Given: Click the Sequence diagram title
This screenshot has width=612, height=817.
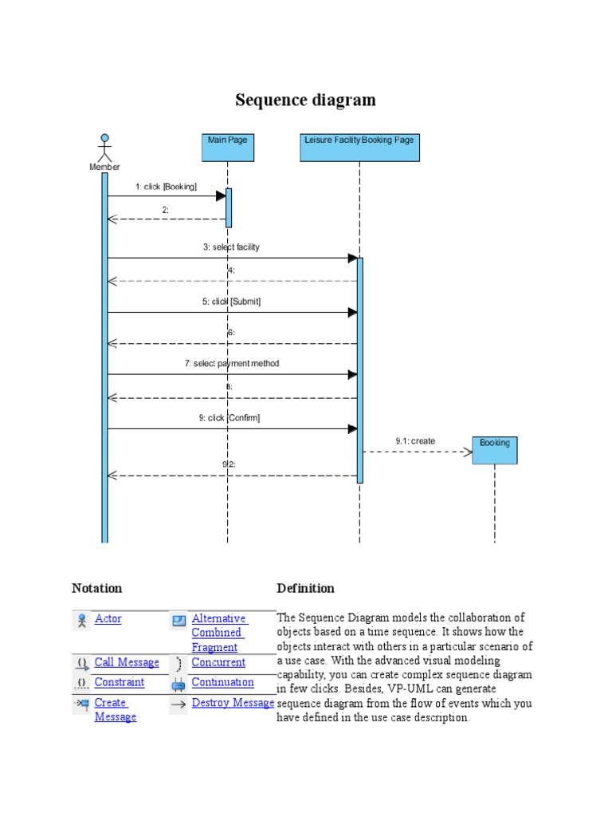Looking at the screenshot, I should [305, 101].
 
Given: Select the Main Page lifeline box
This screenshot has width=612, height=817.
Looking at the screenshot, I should [228, 148].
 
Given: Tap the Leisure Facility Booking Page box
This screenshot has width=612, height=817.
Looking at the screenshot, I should [359, 148].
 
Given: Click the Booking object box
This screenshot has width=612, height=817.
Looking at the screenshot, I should [495, 450].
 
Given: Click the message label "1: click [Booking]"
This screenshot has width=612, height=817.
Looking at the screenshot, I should [166, 187].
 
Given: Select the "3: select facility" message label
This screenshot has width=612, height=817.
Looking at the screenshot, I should [231, 247].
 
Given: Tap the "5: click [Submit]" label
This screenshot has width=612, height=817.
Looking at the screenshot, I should [231, 302].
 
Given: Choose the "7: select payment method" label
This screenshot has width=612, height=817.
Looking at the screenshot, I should [232, 364].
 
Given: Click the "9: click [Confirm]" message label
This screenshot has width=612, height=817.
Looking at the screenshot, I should [229, 418].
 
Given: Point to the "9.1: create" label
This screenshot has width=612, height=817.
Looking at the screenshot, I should [415, 441].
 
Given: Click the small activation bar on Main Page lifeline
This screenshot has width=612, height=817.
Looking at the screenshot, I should [229, 207].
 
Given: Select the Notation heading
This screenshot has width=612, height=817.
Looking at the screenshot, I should [97, 589].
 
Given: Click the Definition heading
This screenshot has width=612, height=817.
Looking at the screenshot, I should [305, 589].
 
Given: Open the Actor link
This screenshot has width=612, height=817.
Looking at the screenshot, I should [108, 619].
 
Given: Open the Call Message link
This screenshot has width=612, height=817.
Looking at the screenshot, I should [127, 663].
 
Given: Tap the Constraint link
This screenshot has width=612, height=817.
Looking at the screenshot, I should [120, 683].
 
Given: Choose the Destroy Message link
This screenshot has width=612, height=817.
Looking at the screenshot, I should [233, 703].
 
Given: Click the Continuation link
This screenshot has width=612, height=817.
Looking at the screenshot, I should [223, 683].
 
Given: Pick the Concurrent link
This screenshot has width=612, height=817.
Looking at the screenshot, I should [219, 663].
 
